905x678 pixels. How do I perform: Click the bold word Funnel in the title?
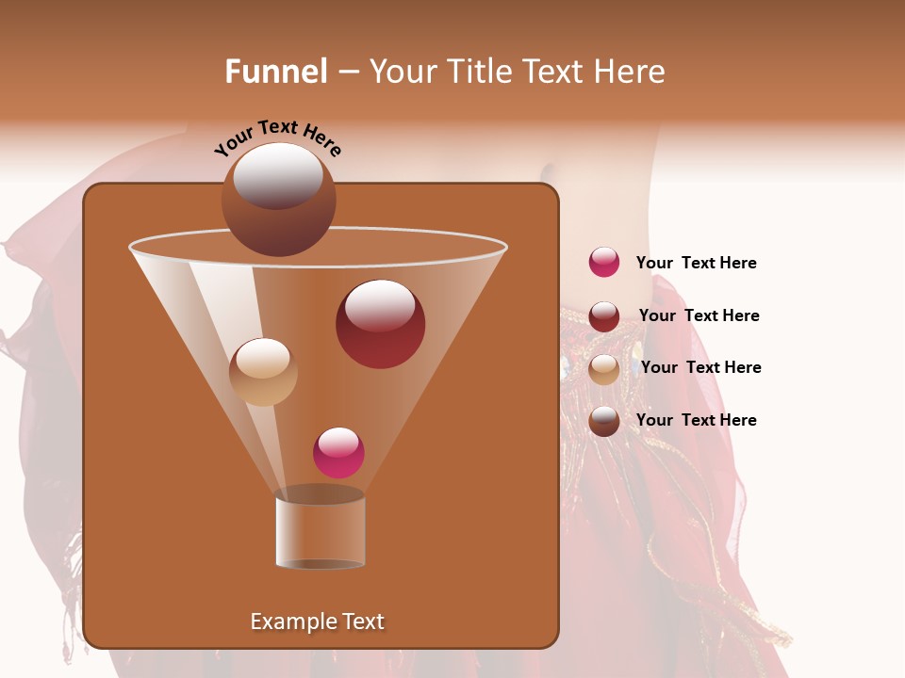pyautogui.click(x=275, y=72)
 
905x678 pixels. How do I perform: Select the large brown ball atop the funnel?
pyautogui.click(x=278, y=200)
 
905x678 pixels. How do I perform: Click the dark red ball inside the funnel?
pyautogui.click(x=380, y=324)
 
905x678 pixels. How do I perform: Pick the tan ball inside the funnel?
pyautogui.click(x=263, y=372)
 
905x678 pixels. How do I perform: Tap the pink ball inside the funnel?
pyautogui.click(x=338, y=452)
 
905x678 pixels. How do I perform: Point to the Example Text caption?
pyautogui.click(x=317, y=621)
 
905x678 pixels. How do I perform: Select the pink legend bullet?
pyautogui.click(x=604, y=263)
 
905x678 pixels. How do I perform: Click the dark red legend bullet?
pyautogui.click(x=604, y=315)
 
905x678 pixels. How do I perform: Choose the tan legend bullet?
pyautogui.click(x=604, y=368)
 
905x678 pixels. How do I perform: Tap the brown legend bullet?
pyautogui.click(x=604, y=421)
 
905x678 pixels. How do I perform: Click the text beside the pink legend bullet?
pyautogui.click(x=696, y=264)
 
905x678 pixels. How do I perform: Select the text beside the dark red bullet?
pyautogui.click(x=699, y=316)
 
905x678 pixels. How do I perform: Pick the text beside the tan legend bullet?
pyautogui.click(x=700, y=368)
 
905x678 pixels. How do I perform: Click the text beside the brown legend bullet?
pyautogui.click(x=696, y=421)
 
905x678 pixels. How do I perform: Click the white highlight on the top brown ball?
pyautogui.click(x=277, y=175)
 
